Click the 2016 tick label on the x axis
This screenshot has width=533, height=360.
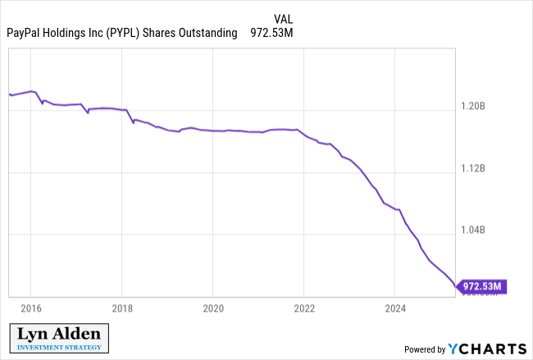tap(30, 308)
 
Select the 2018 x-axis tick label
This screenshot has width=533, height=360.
tap(121, 308)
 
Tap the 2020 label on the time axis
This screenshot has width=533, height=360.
tap(212, 308)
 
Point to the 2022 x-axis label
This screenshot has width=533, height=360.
tap(304, 308)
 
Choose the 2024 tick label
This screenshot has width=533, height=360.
tap(395, 308)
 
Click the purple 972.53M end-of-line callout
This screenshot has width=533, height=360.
tap(481, 286)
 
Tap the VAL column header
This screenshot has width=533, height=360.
tap(283, 18)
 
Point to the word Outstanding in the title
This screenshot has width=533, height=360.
tap(208, 33)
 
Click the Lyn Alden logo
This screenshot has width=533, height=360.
tap(60, 337)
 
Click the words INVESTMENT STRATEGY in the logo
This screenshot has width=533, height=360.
tap(60, 347)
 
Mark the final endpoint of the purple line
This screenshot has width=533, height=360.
tap(457, 287)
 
